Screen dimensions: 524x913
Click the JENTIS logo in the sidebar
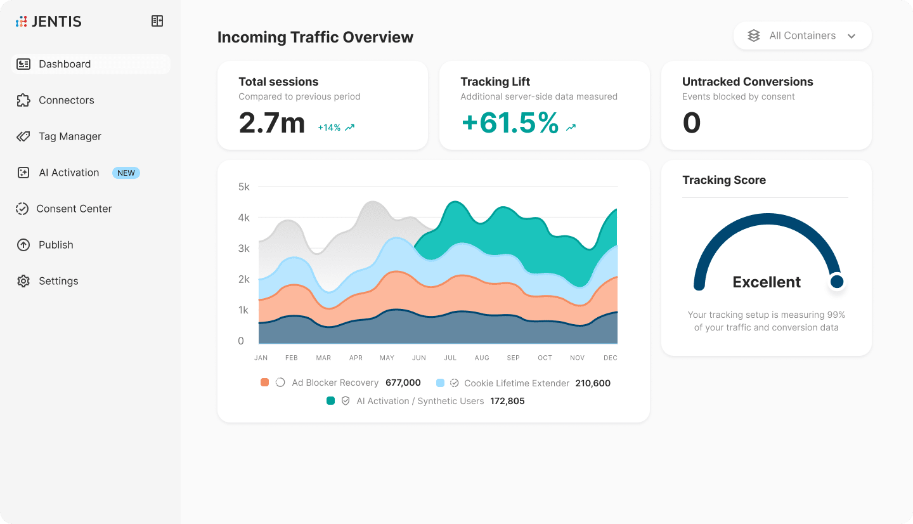(x=49, y=22)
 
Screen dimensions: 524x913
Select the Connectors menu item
(x=66, y=100)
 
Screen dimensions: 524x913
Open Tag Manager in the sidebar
(x=70, y=136)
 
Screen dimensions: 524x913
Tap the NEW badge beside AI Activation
(x=126, y=173)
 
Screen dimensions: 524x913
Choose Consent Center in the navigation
(x=74, y=209)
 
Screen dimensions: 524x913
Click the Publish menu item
(x=56, y=245)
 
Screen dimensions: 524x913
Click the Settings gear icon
(x=23, y=281)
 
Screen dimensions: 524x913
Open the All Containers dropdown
(x=802, y=36)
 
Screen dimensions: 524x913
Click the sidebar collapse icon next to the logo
(x=157, y=22)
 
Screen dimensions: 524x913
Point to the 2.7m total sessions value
(x=271, y=123)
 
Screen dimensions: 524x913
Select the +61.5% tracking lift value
(x=510, y=123)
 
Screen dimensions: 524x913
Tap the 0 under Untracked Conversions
(x=691, y=123)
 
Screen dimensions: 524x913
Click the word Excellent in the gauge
(x=767, y=282)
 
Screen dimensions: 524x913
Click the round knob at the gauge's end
(x=837, y=282)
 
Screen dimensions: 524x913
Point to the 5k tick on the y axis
(x=244, y=187)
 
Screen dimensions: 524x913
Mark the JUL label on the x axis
(x=450, y=358)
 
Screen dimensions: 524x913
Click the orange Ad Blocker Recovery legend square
(x=264, y=383)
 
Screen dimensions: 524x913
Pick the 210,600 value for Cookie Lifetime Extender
(x=593, y=383)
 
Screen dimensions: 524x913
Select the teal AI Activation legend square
(x=330, y=401)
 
